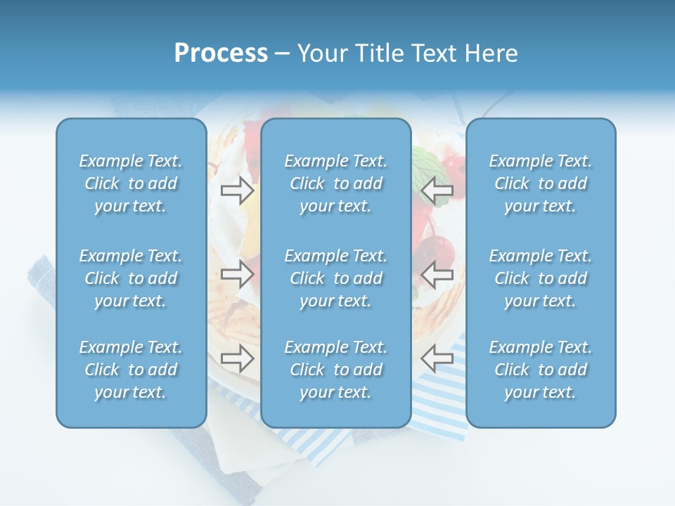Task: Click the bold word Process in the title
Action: [x=221, y=53]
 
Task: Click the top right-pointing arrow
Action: [x=237, y=190]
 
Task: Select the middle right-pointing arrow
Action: [x=237, y=273]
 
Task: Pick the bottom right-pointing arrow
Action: [x=237, y=358]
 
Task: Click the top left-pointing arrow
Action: [x=437, y=190]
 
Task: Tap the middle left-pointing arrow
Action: [x=437, y=273]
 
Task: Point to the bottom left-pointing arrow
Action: [x=437, y=358]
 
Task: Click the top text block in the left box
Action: [x=131, y=183]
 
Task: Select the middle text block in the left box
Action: [x=131, y=278]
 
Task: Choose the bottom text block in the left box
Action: [x=131, y=370]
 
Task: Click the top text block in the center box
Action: [x=335, y=183]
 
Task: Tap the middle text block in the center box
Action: [x=335, y=278]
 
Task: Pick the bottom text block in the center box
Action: [x=335, y=370]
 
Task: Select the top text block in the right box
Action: [x=540, y=183]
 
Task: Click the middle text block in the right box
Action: [x=540, y=278]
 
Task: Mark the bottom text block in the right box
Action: [x=540, y=370]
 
